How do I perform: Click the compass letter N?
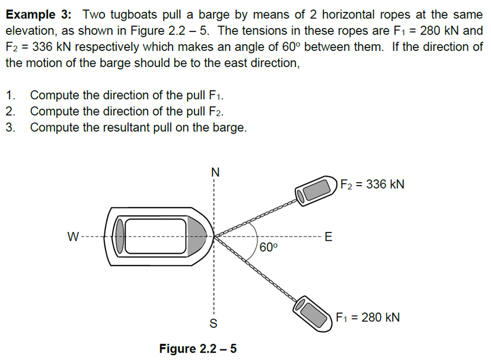(x=215, y=173)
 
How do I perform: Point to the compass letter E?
(x=329, y=238)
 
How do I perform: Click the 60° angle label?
(x=268, y=247)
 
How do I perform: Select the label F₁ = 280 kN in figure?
(x=368, y=317)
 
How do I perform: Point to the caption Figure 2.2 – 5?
(x=197, y=348)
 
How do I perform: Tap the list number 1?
(x=10, y=95)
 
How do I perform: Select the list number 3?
(x=10, y=128)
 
